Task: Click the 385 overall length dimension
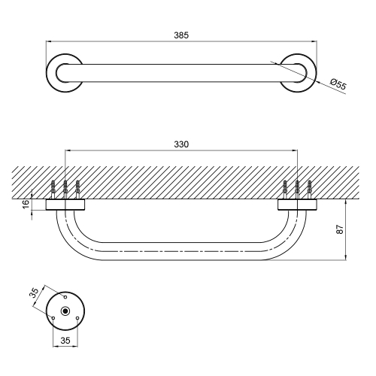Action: [181, 35]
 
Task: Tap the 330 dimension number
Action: [181, 144]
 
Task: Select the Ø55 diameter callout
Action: [338, 84]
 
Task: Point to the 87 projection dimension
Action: [340, 229]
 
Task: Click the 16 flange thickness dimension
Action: [26, 205]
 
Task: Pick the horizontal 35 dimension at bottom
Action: [65, 341]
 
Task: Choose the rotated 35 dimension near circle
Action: [35, 293]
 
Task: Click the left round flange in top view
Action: [54, 73]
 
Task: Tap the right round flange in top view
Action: [310, 73]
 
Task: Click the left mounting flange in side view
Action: [65, 205]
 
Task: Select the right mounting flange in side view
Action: [297, 205]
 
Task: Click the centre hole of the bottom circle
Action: [65, 311]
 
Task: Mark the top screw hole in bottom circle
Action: [65, 297]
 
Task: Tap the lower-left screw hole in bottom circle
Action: [53, 318]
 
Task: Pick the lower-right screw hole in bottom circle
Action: [77, 318]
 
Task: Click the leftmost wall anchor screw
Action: [53, 190]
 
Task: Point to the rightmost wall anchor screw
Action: [309, 190]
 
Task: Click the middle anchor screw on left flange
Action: [65, 190]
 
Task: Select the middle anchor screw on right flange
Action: [297, 190]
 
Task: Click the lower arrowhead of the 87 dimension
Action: [346, 257]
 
